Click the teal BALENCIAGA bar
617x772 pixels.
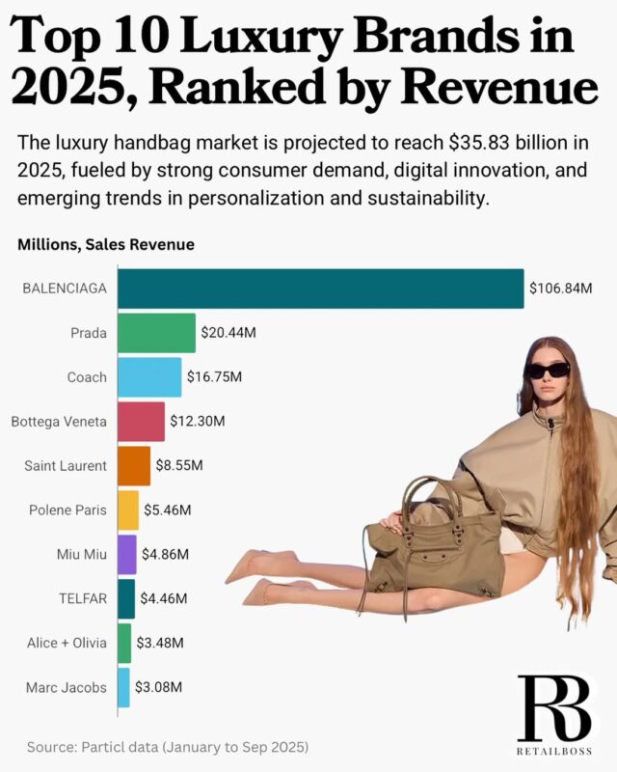pyautogui.click(x=320, y=289)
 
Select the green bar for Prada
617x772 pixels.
pyautogui.click(x=156, y=333)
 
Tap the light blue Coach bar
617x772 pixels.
pyautogui.click(x=149, y=377)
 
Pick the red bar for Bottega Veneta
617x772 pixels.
pyautogui.click(x=141, y=422)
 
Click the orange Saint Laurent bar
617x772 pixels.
pyautogui.click(x=134, y=465)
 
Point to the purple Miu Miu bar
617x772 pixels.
pyautogui.click(x=127, y=554)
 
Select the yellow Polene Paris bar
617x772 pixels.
pyautogui.click(x=128, y=510)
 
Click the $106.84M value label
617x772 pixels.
pyautogui.click(x=560, y=289)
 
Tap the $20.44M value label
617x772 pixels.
pyautogui.click(x=228, y=333)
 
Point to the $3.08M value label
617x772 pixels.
pyautogui.click(x=157, y=687)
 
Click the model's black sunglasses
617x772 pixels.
pyautogui.click(x=547, y=371)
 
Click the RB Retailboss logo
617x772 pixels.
pyautogui.click(x=553, y=715)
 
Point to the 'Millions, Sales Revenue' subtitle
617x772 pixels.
pyautogui.click(x=106, y=245)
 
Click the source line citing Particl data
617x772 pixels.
pyautogui.click(x=168, y=747)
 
